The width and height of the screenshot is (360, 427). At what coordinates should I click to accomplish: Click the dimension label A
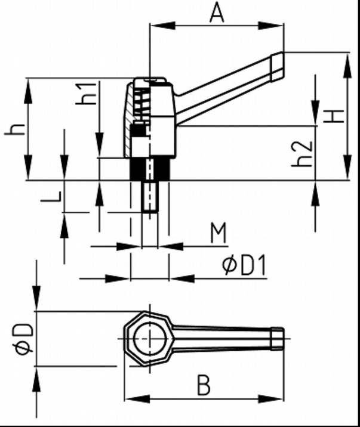pyautogui.click(x=217, y=12)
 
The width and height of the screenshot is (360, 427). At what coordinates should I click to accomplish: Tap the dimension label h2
pyautogui.click(x=303, y=153)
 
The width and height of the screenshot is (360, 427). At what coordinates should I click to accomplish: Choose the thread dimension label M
pyautogui.click(x=219, y=233)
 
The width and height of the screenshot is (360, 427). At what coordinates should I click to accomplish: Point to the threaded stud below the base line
pyautogui.click(x=149, y=197)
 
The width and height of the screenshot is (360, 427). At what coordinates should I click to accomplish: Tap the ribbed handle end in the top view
pyautogui.click(x=278, y=338)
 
